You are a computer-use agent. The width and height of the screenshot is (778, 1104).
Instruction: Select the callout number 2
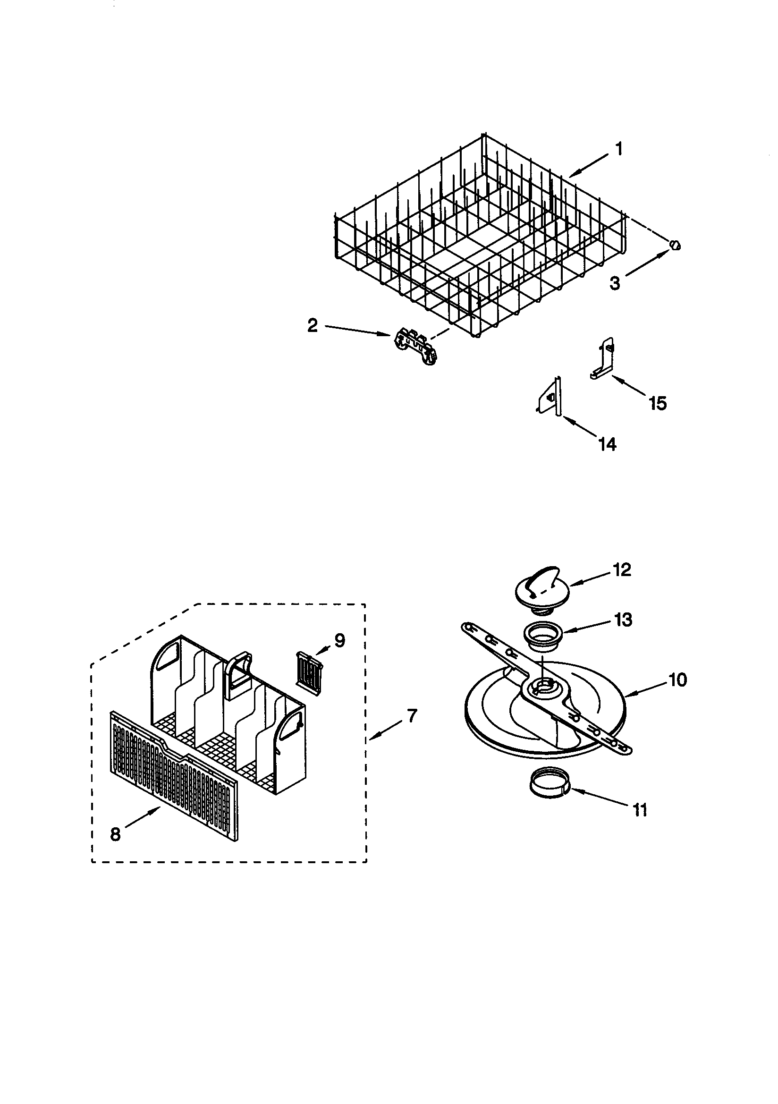313,326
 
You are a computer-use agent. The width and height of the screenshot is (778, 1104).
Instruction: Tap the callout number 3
615,283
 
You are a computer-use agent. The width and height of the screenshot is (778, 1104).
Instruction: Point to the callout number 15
657,403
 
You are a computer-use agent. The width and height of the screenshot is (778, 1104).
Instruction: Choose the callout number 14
607,444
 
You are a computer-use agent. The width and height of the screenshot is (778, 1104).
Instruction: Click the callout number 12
621,570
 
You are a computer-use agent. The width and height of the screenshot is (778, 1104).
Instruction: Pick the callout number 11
640,810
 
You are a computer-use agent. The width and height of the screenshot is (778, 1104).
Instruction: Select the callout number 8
115,834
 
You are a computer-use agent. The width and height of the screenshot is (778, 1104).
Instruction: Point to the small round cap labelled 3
675,245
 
